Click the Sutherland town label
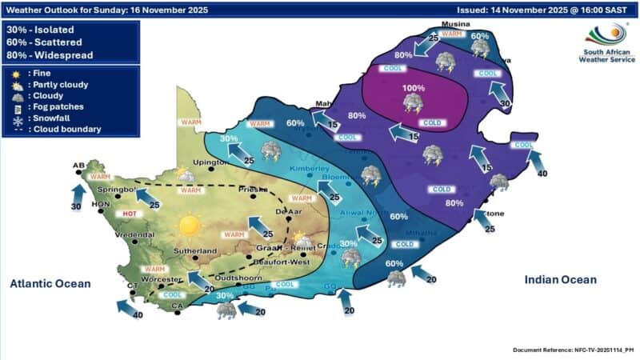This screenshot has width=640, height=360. click(x=194, y=251)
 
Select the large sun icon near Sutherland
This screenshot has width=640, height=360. click(x=189, y=226)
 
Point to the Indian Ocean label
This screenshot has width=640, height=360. click(x=560, y=279)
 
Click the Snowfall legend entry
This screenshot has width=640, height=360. click(x=53, y=118)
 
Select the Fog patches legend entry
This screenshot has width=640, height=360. click(x=58, y=106)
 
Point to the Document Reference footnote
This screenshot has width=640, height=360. click(x=573, y=350)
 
